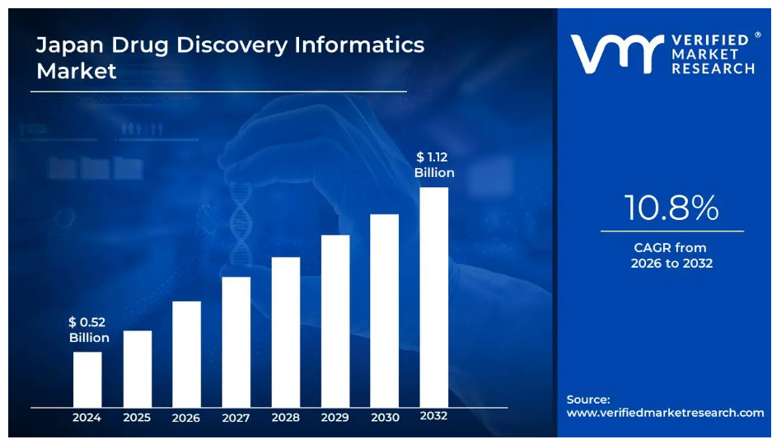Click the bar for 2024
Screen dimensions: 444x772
87,379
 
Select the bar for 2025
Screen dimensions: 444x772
138,368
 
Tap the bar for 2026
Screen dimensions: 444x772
186,353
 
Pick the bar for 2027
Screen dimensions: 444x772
236,341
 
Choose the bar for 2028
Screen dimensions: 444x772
286,331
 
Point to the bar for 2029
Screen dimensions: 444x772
335,320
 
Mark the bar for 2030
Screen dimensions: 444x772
385,310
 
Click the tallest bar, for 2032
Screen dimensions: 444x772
434,297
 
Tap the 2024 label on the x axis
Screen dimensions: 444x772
87,418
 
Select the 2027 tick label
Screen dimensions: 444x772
236,418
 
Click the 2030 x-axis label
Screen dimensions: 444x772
385,418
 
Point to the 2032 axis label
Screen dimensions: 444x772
433,416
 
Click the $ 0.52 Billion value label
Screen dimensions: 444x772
88,329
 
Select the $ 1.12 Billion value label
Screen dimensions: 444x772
433,165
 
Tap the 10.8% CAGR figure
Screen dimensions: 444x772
671,208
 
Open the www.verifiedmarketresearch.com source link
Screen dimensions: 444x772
665,413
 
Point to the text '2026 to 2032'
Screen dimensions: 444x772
671,264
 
